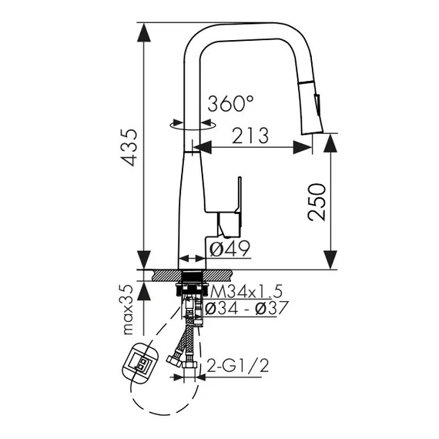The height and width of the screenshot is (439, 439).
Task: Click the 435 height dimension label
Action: (129, 148)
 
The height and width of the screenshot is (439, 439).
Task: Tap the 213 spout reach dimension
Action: (250, 136)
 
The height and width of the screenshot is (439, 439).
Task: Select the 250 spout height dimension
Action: (317, 202)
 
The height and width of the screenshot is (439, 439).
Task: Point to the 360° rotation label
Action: (230, 104)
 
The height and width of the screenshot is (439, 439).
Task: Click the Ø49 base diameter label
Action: (230, 249)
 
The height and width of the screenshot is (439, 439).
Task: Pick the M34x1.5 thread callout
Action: (246, 291)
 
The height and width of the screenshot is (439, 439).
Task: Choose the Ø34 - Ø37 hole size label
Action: (246, 308)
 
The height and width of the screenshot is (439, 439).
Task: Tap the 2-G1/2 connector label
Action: (238, 365)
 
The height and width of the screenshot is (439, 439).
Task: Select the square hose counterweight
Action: (140, 364)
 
